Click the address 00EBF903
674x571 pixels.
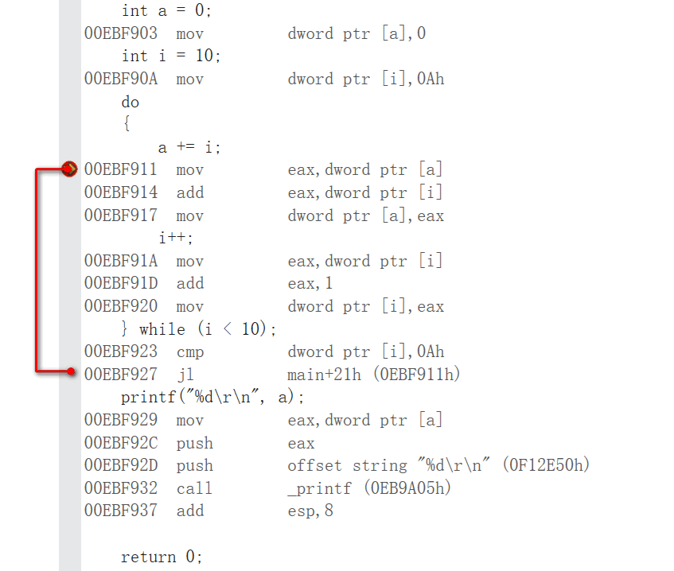pyautogui.click(x=120, y=33)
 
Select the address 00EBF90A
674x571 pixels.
pyautogui.click(x=120, y=79)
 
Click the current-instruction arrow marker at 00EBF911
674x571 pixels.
pyautogui.click(x=69, y=169)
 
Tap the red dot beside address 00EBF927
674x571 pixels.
pyautogui.click(x=72, y=371)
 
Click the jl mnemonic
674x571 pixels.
pyautogui.click(x=184, y=374)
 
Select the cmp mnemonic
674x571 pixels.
pyautogui.click(x=190, y=352)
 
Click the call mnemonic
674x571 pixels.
pyautogui.click(x=194, y=487)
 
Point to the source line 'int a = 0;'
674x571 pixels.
pyautogui.click(x=166, y=10)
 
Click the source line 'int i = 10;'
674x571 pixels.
pyautogui.click(x=170, y=56)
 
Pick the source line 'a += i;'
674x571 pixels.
pyautogui.click(x=189, y=147)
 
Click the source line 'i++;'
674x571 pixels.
pyautogui.click(x=176, y=238)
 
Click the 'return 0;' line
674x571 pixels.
pyautogui.click(x=162, y=557)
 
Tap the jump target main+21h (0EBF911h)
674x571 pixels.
pyautogui.click(x=374, y=374)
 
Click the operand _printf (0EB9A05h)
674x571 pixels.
pyautogui.click(x=369, y=487)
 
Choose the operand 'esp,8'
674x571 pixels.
pyautogui.click(x=310, y=511)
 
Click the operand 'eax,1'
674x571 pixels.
pyautogui.click(x=310, y=283)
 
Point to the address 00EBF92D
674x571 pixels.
pyautogui.click(x=120, y=465)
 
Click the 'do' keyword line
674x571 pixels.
pyautogui.click(x=130, y=102)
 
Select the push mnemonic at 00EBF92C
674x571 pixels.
pyautogui.click(x=194, y=443)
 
